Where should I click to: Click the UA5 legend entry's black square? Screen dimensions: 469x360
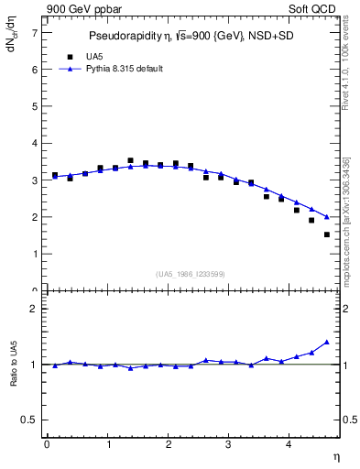click(x=57, y=56)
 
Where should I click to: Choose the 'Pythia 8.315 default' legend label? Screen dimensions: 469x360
click(x=117, y=69)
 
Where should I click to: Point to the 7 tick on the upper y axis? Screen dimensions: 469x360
click(x=36, y=32)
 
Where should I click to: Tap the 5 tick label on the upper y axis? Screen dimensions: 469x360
click(x=36, y=106)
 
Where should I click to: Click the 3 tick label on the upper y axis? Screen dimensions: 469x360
click(x=36, y=180)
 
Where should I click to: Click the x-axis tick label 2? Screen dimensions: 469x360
click(x=169, y=444)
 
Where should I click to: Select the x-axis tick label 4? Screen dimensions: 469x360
click(x=289, y=444)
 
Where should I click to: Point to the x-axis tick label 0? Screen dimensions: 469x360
click(x=47, y=444)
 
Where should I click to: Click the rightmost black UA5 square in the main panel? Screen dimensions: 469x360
click(x=326, y=234)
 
